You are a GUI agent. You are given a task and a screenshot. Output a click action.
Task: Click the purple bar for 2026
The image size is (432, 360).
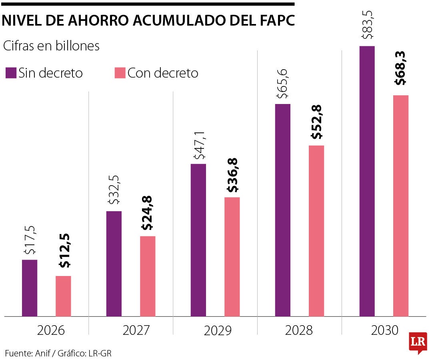30,288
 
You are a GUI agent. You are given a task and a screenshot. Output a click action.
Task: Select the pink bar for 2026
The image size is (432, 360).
63,296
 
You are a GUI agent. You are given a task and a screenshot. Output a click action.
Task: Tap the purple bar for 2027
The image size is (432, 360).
114,264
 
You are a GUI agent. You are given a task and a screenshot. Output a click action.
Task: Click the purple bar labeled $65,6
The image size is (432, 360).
283,210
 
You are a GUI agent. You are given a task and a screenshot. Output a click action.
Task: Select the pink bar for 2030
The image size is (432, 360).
401,206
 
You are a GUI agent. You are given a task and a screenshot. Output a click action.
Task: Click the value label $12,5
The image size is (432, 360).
64,251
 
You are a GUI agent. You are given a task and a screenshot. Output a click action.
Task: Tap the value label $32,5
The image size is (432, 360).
114,190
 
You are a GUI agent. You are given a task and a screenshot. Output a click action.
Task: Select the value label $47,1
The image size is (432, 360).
198,148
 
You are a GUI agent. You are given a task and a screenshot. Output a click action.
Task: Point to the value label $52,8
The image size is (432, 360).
317,122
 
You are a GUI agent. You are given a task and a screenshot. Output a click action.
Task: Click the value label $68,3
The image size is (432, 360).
400,68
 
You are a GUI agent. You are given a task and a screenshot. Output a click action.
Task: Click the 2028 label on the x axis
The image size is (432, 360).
299,330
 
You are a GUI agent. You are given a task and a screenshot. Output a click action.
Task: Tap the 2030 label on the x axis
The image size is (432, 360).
385,330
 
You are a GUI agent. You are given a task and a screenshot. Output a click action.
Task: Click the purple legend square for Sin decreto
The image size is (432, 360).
11,73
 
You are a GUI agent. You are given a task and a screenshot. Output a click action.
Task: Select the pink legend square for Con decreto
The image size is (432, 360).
120,73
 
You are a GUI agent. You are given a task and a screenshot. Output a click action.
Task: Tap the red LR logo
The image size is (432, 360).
418,342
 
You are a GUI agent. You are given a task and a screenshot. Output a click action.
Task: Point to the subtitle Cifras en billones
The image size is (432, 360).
51,46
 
